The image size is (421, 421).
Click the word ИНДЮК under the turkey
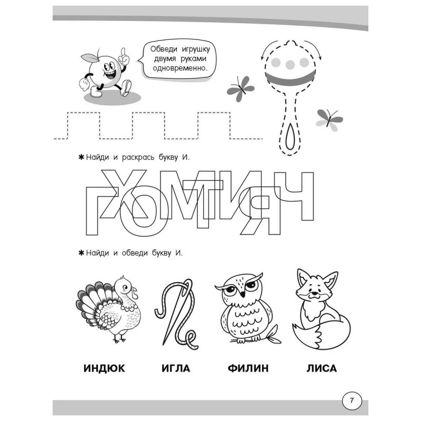(104, 368)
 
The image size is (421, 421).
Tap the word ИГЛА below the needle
(176, 368)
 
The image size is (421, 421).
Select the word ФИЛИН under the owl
(248, 368)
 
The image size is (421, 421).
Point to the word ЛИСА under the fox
(322, 368)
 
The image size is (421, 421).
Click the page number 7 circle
(352, 401)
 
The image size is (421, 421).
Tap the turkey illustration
(109, 309)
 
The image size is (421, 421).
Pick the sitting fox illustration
(321, 309)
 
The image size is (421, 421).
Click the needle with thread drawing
(176, 313)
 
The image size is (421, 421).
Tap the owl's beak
(243, 294)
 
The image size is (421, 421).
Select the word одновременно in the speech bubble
(180, 68)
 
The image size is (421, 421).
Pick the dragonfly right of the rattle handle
(329, 119)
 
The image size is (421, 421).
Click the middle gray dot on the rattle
(290, 64)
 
